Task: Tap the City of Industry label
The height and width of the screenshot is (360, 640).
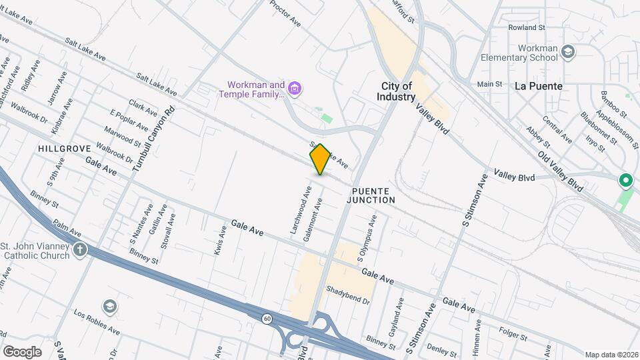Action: [398, 91]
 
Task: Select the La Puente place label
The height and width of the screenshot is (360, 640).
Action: [539, 86]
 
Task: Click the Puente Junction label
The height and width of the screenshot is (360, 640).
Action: [373, 195]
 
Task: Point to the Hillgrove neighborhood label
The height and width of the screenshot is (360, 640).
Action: [63, 148]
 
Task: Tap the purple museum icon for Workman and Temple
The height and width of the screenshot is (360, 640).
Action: [295, 88]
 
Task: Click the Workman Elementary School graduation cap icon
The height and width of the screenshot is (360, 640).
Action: [567, 52]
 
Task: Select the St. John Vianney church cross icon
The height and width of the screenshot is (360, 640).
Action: [79, 251]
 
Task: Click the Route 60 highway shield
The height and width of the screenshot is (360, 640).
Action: [267, 319]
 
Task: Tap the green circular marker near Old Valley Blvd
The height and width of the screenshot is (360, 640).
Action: [625, 180]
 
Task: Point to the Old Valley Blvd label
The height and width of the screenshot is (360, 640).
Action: [561, 171]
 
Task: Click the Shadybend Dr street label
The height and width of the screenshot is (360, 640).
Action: [347, 295]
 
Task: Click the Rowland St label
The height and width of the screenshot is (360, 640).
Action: [527, 27]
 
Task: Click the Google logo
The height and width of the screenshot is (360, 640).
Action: [22, 351]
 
